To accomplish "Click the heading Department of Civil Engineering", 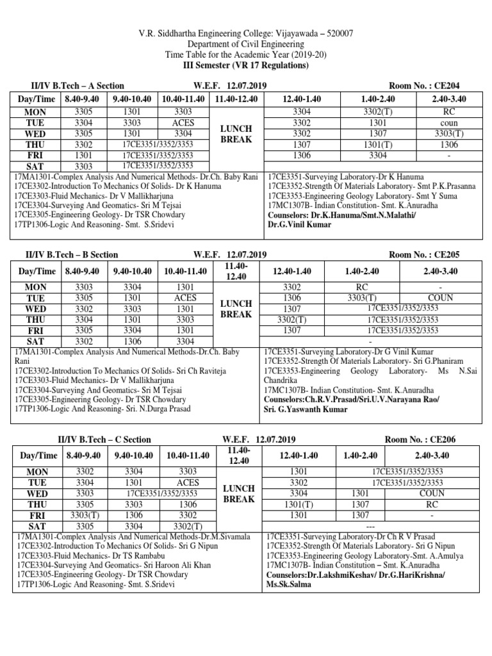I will click(x=247, y=44).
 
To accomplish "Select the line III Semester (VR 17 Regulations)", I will click(x=247, y=66).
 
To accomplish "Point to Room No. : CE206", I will click(x=419, y=439).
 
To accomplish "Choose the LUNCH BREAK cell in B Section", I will click(x=236, y=309).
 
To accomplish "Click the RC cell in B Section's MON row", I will click(x=361, y=288).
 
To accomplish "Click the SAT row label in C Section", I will click(x=38, y=526).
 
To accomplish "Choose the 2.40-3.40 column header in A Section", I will click(x=449, y=99).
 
